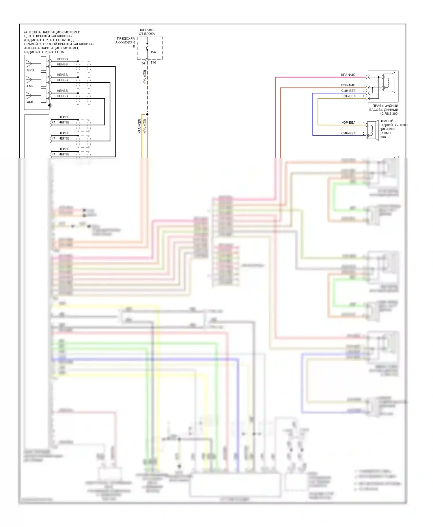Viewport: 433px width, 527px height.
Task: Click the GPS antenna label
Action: [x=30, y=70]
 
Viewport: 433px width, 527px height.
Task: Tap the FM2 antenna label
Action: [x=30, y=86]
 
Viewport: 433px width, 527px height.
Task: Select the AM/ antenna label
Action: [x=30, y=102]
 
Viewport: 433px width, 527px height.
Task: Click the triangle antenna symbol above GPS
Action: [x=29, y=63]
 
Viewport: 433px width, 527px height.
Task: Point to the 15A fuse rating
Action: [x=153, y=52]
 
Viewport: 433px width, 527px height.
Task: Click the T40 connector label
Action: [x=153, y=63]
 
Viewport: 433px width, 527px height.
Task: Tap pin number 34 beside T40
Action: [x=143, y=63]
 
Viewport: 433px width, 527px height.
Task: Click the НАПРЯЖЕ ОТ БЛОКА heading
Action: [x=147, y=32]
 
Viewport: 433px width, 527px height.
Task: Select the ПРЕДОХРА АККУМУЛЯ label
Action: [x=126, y=40]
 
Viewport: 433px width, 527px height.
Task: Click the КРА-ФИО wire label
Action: [x=348, y=75]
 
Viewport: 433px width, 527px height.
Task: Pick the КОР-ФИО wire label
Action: [x=348, y=85]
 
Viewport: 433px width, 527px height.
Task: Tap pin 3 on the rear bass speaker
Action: [x=363, y=75]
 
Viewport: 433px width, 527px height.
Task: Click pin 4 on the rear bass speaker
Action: [x=363, y=96]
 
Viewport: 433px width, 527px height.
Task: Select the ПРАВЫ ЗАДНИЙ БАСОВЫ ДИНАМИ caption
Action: [x=384, y=110]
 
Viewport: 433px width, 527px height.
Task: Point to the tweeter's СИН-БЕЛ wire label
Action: [x=348, y=133]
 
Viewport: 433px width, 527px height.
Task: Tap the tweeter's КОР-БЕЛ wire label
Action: [x=348, y=123]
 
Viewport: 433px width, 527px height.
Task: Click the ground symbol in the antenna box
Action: [x=50, y=106]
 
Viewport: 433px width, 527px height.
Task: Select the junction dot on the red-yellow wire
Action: [x=147, y=114]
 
